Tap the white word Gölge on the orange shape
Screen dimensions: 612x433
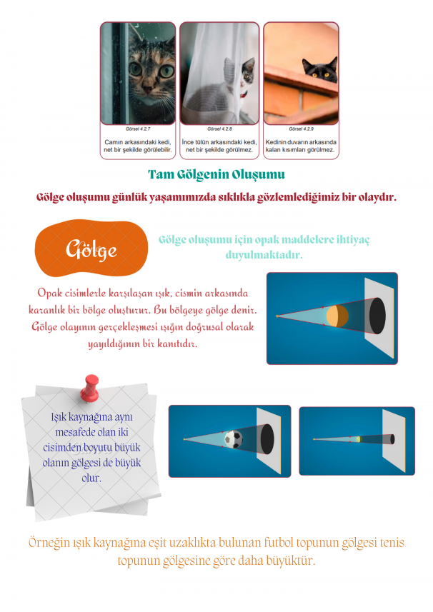[91, 249]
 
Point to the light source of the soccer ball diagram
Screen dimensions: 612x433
[184, 438]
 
